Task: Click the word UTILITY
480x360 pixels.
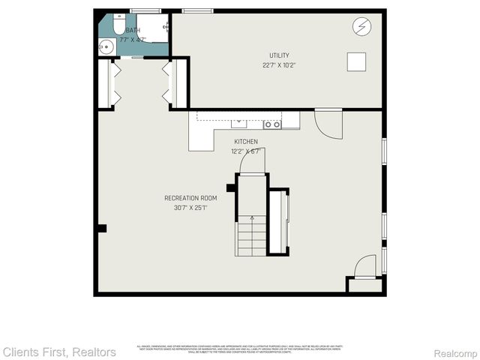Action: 280,55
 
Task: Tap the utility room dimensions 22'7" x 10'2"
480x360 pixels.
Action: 280,65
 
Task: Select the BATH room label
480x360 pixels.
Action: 133,30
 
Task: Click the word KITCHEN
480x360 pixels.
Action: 245,142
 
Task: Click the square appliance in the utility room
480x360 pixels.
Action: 355,61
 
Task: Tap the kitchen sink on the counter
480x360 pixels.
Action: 239,122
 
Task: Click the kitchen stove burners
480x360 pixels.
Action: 272,124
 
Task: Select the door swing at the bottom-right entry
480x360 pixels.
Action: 365,267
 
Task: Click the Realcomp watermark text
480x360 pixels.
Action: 454,352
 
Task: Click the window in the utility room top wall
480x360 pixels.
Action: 196,10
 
